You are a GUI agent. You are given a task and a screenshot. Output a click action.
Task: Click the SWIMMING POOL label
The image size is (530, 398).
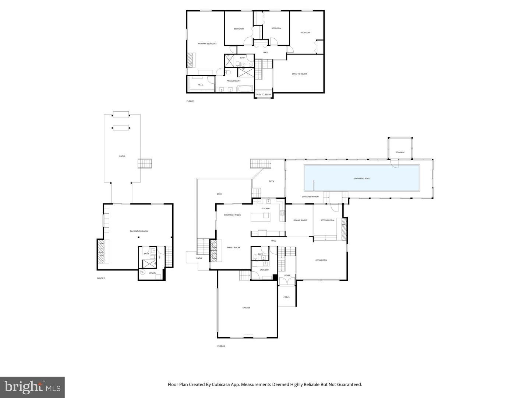(362, 178)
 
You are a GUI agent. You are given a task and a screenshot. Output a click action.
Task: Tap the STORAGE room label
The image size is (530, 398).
(400, 152)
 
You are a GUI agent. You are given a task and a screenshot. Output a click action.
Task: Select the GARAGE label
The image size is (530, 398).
(246, 307)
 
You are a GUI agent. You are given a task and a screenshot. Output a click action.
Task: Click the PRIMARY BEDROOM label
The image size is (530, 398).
(207, 43)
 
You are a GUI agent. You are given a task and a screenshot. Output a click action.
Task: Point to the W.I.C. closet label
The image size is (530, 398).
(201, 85)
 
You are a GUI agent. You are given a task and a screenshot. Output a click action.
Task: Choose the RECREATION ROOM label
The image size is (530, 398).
(139, 231)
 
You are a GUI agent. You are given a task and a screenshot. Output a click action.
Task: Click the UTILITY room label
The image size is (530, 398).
(152, 273)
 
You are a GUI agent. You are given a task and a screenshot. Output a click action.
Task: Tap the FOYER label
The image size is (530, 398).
(287, 275)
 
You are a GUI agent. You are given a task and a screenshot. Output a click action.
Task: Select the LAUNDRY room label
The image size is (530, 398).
(264, 270)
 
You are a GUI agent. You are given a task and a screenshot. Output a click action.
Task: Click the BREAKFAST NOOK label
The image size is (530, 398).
(232, 214)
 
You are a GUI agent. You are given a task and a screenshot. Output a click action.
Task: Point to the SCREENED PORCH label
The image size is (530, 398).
(310, 196)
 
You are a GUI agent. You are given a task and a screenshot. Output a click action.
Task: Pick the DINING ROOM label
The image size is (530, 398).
(300, 220)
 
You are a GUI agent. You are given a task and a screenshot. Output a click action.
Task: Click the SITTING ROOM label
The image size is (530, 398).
(327, 220)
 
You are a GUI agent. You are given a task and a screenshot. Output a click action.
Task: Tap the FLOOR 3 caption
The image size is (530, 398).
(190, 101)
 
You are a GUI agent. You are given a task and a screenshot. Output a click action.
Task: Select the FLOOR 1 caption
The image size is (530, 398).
(101, 278)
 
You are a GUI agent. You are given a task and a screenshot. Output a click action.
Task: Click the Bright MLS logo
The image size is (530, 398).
(32, 387)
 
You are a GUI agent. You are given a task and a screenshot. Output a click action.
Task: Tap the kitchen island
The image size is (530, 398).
(260, 217)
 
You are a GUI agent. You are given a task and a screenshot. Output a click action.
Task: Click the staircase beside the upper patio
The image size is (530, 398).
(145, 164)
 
